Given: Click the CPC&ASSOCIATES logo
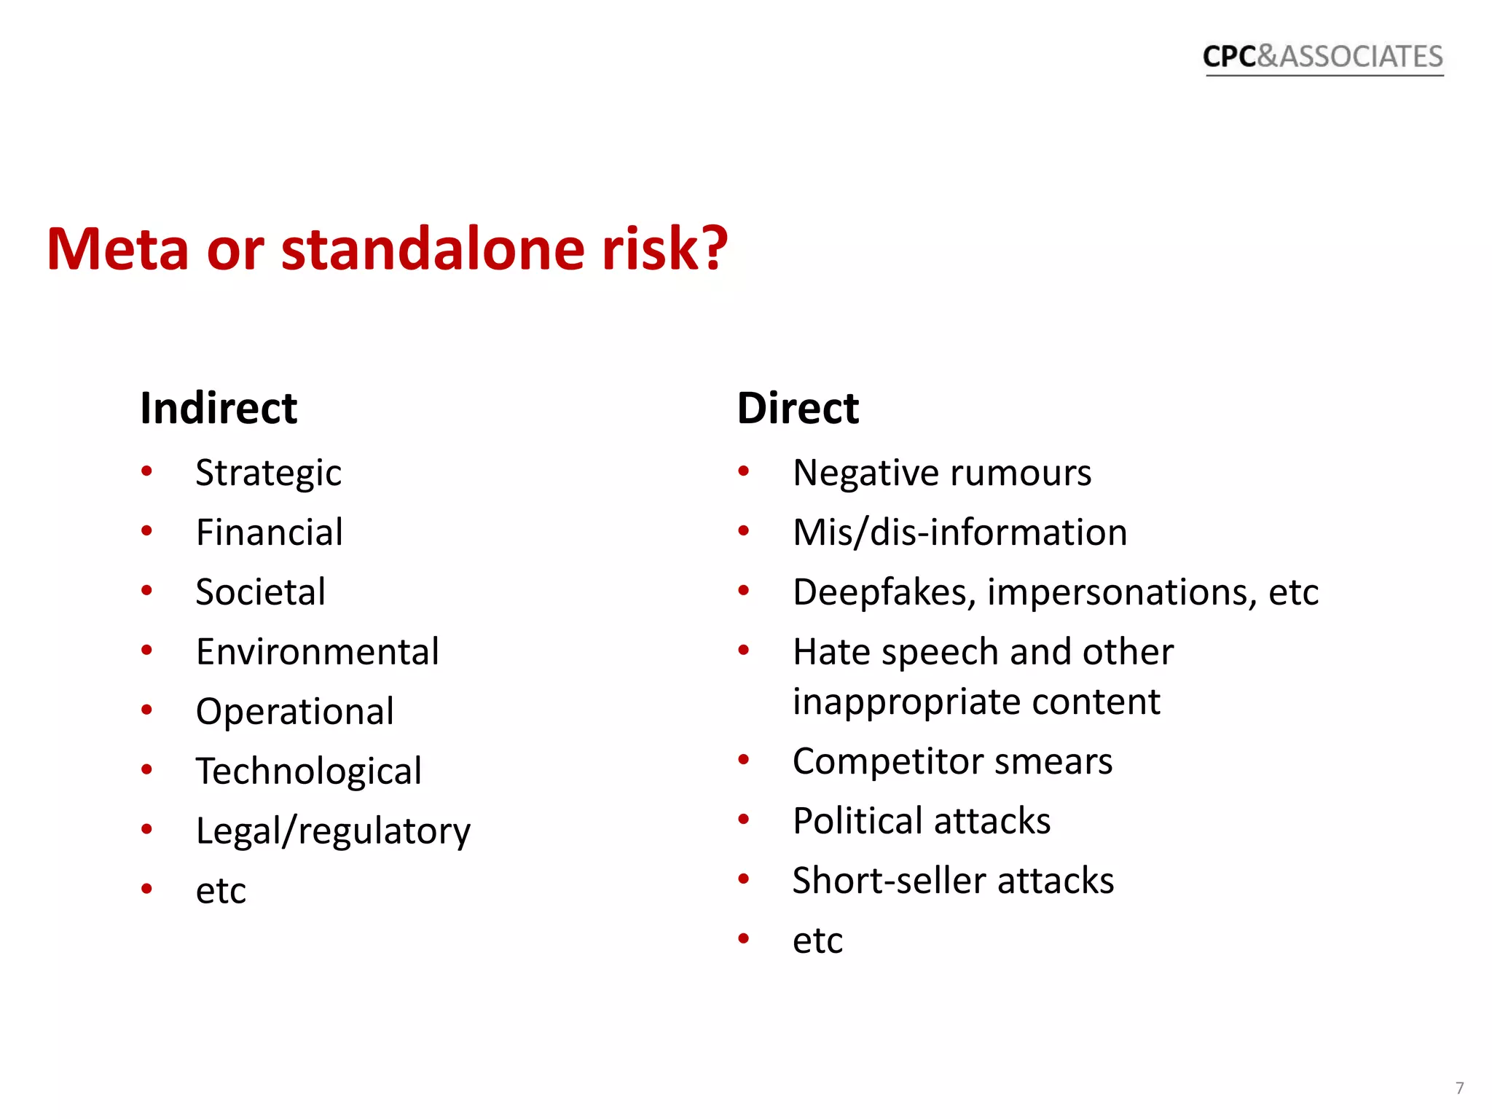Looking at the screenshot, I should (x=1322, y=57).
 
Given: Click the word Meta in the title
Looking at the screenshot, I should (x=117, y=249).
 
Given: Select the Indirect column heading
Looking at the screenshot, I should (x=219, y=408).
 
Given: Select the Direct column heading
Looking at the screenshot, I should (x=798, y=408).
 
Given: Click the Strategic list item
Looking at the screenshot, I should (x=268, y=474).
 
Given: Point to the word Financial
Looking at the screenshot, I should (x=270, y=533).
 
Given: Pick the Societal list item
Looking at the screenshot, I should (x=260, y=592).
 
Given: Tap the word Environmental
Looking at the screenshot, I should (x=318, y=652).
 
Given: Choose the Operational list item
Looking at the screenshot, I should (x=294, y=712).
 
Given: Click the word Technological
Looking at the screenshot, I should (x=308, y=771).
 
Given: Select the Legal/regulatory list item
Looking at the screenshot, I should (x=333, y=831).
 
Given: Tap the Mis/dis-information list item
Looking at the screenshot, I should (x=959, y=533).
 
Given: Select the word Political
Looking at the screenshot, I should (x=856, y=821).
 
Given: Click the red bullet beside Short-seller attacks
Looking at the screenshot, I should (x=743, y=879).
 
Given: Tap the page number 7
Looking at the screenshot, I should (x=1459, y=1088).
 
